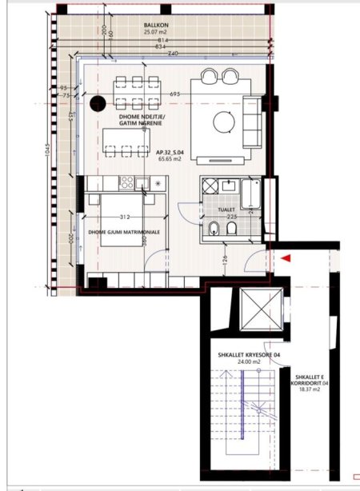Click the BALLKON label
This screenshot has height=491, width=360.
coord(155,26)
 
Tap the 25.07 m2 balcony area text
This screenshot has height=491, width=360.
coord(155,34)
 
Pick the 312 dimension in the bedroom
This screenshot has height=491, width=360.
coord(124,216)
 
